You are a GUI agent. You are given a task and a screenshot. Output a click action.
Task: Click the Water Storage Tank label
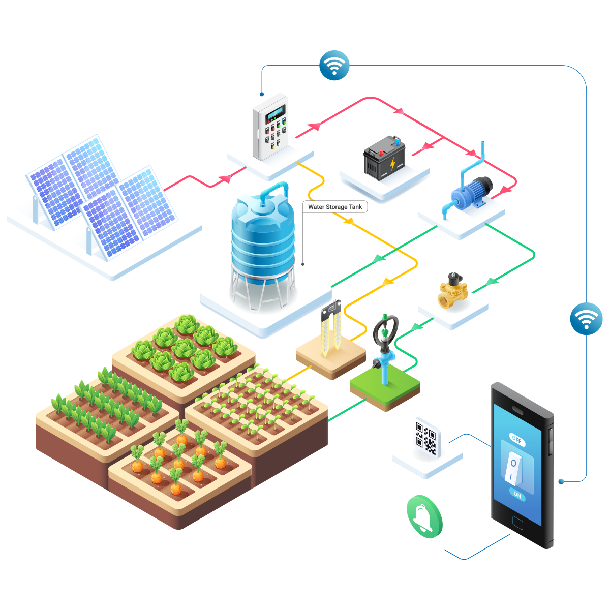click(334, 207)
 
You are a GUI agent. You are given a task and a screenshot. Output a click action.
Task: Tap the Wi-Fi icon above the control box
click(334, 65)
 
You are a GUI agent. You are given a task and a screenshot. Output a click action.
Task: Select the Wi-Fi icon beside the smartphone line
click(586, 318)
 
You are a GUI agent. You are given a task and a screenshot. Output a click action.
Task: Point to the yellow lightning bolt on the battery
click(392, 164)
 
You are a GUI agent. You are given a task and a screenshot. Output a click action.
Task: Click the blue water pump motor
click(472, 193)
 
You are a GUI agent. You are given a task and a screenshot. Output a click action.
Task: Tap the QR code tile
click(426, 438)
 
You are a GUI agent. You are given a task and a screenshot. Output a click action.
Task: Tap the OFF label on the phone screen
click(516, 439)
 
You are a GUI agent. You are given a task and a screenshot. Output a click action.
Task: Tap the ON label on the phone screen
click(517, 495)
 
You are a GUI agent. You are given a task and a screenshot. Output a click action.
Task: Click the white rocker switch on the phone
click(513, 468)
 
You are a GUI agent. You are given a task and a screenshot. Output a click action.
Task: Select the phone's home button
click(517, 523)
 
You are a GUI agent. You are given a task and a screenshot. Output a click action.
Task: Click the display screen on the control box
click(276, 114)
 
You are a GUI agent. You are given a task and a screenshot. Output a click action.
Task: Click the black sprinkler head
click(385, 333)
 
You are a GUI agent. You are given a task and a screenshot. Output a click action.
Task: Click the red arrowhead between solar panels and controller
click(226, 178)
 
